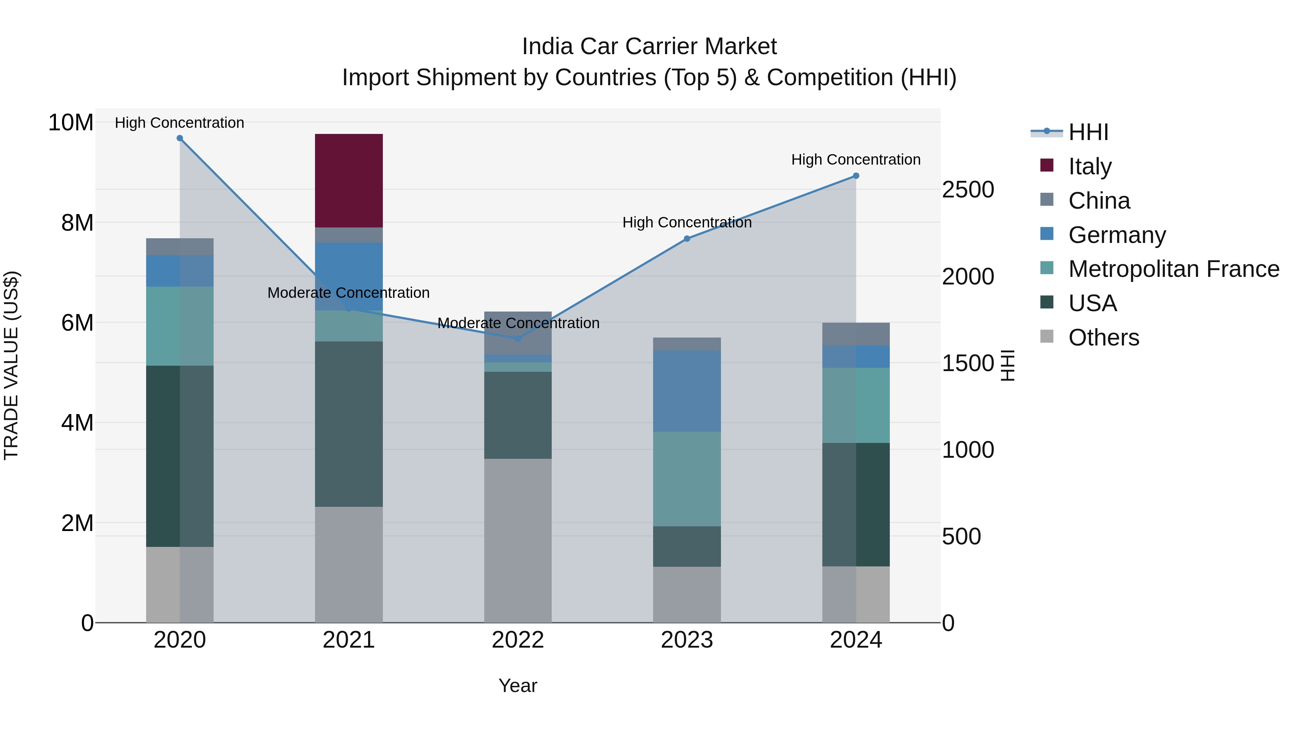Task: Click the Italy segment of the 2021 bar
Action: pos(349,180)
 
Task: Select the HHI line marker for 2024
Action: pos(856,175)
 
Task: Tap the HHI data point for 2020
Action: pos(180,138)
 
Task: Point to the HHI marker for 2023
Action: pos(687,238)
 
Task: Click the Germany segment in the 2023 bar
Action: pos(687,391)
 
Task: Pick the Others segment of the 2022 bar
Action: pos(517,540)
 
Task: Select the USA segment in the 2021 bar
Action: pos(349,424)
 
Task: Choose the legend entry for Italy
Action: pos(1089,166)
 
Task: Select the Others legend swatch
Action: pos(1046,336)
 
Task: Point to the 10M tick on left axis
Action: pos(71,123)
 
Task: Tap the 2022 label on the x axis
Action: pos(517,640)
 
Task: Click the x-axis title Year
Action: pos(517,686)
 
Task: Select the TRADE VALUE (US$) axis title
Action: pos(11,365)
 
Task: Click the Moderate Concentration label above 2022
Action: pos(518,323)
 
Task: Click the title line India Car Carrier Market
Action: pos(649,47)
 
